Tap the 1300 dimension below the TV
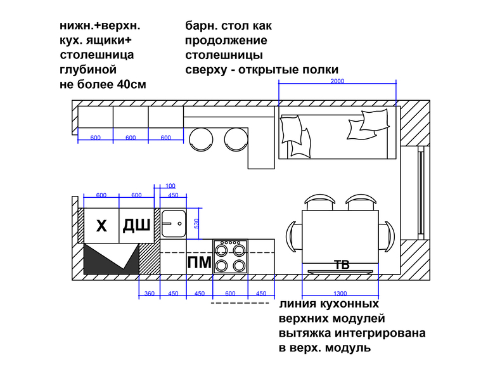tap(340, 293)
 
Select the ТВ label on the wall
tap(342, 265)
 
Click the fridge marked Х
tap(101, 225)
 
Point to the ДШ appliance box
tap(136, 225)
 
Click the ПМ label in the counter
tap(199, 262)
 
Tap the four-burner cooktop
tap(230, 256)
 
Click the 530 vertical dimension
tap(196, 223)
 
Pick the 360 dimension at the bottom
tap(149, 293)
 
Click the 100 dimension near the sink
tap(170, 186)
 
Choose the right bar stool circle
tap(237, 138)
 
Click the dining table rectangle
tap(340, 235)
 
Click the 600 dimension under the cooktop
tap(230, 293)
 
